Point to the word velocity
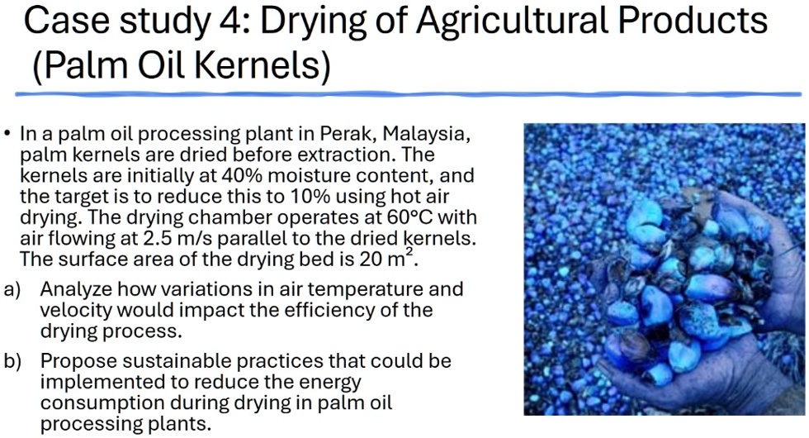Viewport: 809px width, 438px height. (x=72, y=311)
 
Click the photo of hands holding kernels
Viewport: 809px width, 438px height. (x=665, y=269)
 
